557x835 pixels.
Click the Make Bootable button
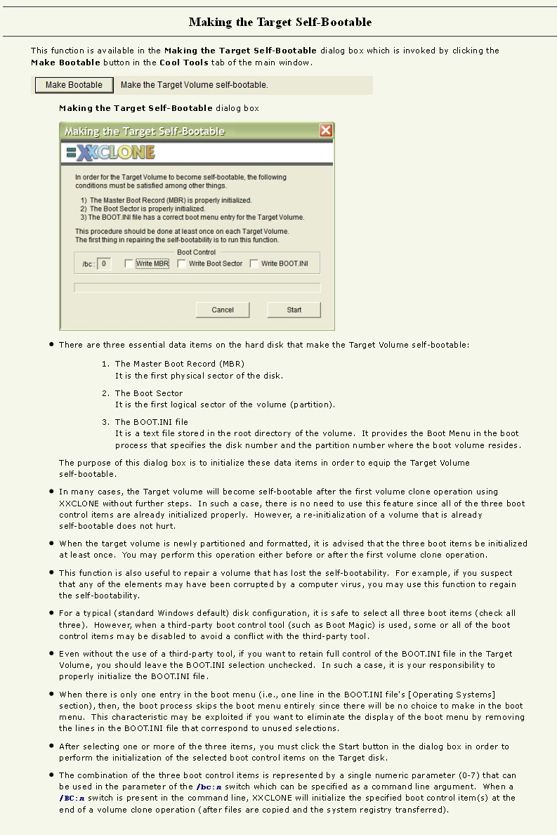[x=74, y=85]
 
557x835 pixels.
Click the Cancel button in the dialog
[x=223, y=310]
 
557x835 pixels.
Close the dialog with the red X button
[x=326, y=131]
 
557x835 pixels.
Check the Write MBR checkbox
[x=129, y=264]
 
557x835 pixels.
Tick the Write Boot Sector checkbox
[x=182, y=264]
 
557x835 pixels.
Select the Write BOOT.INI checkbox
[x=254, y=264]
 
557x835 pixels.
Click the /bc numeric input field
[x=104, y=264]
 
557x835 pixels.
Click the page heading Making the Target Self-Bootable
[x=280, y=22]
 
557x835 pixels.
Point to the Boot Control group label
[x=197, y=252]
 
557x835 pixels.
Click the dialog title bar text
[x=145, y=131]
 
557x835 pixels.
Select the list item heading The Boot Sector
[x=149, y=393]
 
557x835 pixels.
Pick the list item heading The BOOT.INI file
[x=152, y=422]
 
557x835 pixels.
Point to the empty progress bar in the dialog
[x=197, y=287]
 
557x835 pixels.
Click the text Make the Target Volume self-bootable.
[x=195, y=85]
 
